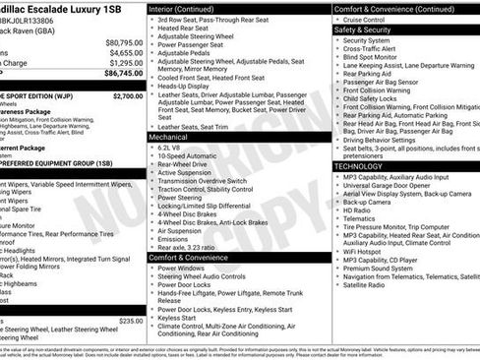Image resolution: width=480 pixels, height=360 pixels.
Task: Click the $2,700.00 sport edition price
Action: tap(128, 96)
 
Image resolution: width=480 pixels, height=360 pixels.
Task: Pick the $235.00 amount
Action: tap(131, 321)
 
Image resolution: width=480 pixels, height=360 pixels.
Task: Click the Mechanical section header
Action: tap(169, 138)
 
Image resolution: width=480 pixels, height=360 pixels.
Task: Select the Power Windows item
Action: tap(181, 268)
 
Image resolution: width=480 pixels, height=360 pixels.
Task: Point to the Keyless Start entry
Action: tap(178, 318)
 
